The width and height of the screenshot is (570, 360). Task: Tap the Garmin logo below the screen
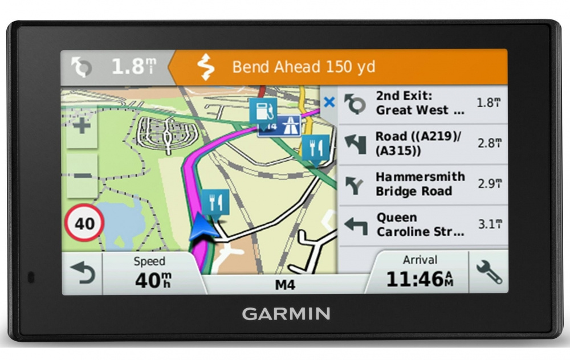[x=286, y=313]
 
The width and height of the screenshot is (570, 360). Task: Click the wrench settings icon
[x=488, y=273]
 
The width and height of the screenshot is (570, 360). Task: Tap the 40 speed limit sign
[x=85, y=223]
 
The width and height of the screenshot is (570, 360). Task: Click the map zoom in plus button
[x=82, y=126]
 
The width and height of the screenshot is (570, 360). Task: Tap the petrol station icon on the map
[x=262, y=110]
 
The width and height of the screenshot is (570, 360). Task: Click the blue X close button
[x=329, y=103]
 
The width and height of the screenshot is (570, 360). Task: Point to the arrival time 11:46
[x=420, y=279]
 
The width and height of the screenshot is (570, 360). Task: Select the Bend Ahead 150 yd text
[x=303, y=67]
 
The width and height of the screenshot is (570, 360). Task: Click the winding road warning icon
[x=205, y=67]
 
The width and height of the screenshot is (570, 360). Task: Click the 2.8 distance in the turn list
[x=489, y=144]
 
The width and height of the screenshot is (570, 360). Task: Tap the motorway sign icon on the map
[x=287, y=125]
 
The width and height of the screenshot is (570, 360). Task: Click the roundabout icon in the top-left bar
[x=81, y=67]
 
